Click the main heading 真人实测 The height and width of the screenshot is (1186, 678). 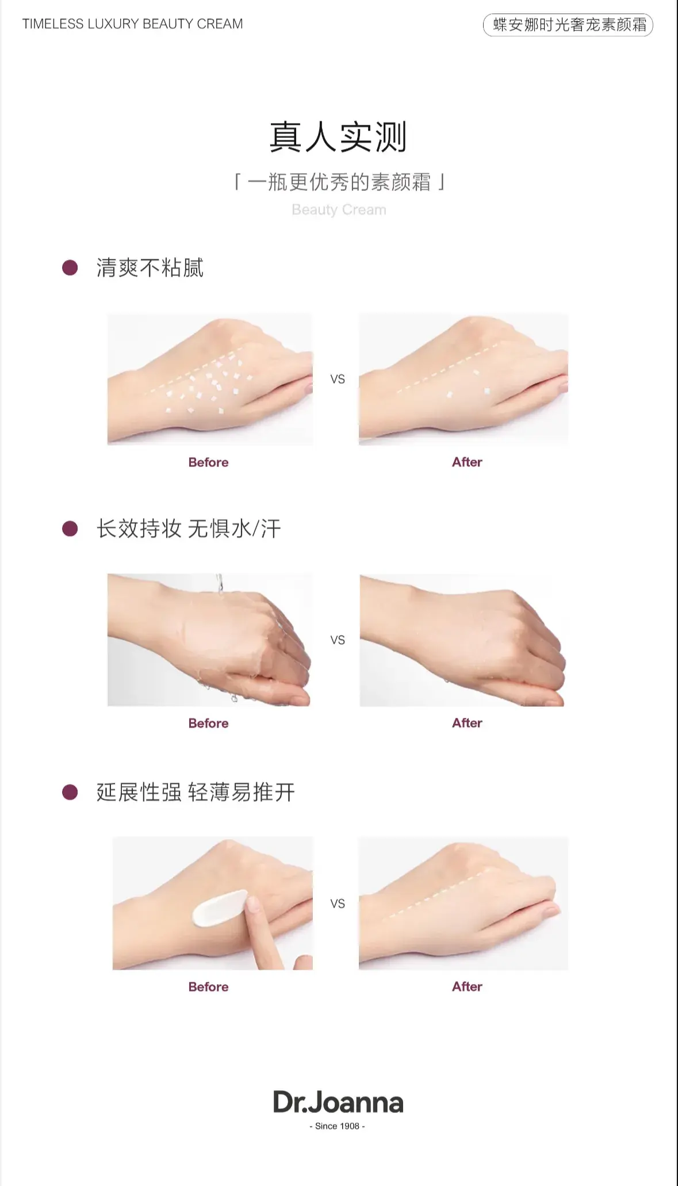point(338,137)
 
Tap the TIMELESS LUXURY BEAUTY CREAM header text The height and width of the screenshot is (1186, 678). point(133,24)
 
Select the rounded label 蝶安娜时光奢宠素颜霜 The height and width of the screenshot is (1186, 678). point(568,25)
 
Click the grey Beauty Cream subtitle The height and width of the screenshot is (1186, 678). point(339,209)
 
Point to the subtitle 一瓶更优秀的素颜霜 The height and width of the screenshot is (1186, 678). point(339,182)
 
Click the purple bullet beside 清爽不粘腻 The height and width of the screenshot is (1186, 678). point(70,267)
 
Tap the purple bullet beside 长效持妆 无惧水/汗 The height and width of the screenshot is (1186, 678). point(70,529)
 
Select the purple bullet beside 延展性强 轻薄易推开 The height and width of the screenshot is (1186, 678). point(70,792)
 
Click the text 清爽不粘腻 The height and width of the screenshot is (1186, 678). point(150,268)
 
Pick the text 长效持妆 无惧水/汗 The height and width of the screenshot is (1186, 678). point(189,529)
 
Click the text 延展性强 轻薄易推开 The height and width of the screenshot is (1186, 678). point(196,792)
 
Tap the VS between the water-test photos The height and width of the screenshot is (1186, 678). point(338,640)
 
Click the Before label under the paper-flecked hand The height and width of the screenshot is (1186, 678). point(208,462)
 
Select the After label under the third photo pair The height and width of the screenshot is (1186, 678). point(467,986)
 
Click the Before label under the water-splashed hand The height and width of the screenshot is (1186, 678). point(208,724)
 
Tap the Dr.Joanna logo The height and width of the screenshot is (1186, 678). point(338,1102)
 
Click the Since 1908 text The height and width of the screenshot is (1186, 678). point(338,1126)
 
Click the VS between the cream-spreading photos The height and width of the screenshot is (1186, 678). point(338,904)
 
